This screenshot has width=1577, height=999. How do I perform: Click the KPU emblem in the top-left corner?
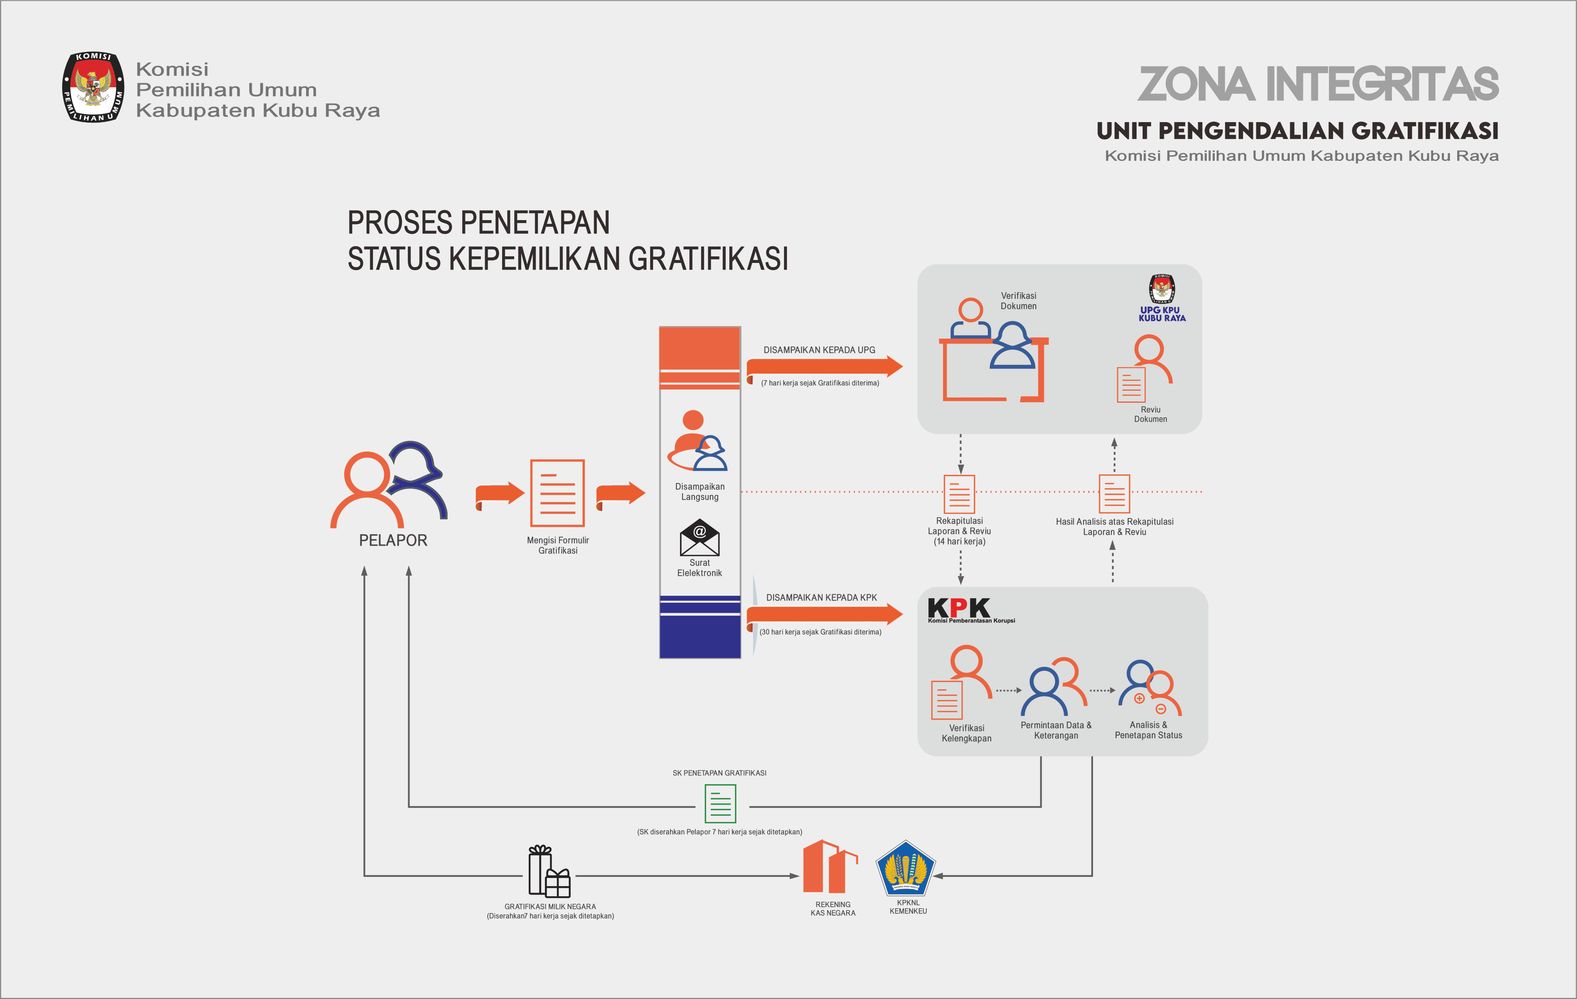93,87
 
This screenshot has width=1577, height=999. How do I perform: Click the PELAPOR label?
393,540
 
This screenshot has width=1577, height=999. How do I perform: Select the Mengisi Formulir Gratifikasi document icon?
557,493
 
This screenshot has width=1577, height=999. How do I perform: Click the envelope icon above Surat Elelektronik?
699,537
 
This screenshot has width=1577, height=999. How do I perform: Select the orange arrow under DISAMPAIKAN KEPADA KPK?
824,614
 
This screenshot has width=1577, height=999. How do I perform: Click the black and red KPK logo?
960,609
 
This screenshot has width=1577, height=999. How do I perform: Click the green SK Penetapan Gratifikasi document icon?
720,804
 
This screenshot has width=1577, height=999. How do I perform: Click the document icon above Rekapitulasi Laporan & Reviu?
960,494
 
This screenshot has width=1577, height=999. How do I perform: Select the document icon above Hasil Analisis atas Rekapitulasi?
1114,494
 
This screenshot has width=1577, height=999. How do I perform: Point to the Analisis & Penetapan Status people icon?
1149,688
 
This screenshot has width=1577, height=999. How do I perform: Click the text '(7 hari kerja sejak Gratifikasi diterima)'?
820,383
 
